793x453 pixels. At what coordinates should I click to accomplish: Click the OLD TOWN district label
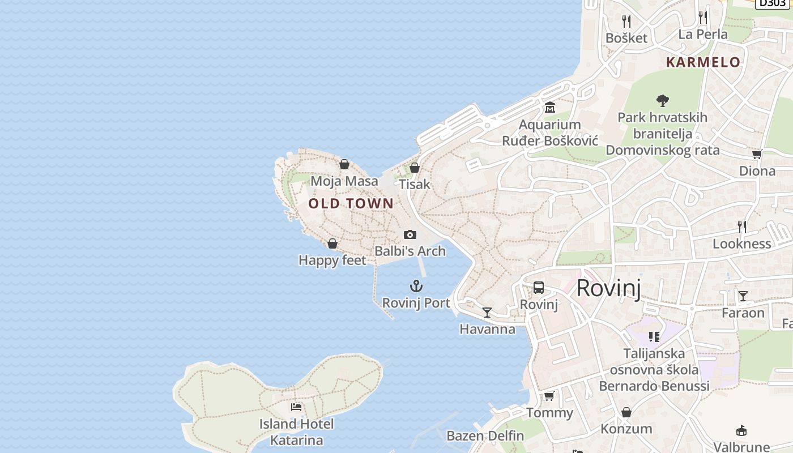pos(351,203)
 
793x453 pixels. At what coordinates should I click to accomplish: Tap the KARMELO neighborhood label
pos(703,62)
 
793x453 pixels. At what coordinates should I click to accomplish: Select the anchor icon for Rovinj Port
pos(416,286)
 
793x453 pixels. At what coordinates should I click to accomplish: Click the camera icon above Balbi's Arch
pos(410,234)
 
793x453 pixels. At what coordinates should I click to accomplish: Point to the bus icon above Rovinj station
pos(539,288)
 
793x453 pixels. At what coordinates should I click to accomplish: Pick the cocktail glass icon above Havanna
pos(487,313)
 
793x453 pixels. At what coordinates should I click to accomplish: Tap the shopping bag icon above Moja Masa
pos(344,165)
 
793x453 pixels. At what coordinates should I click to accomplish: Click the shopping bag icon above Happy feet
pos(332,243)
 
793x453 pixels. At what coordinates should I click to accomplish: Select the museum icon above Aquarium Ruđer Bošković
pos(550,108)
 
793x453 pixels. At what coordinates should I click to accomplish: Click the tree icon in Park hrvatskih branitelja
pos(662,101)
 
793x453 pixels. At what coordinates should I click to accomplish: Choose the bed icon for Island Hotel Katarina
pos(296,407)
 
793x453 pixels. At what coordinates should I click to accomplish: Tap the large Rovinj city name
pos(609,288)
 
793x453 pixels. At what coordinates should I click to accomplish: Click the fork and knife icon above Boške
pos(626,22)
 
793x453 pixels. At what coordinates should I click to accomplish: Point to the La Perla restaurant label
pos(703,34)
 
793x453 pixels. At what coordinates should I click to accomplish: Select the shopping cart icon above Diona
pos(757,154)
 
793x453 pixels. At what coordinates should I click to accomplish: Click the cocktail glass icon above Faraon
pos(743,296)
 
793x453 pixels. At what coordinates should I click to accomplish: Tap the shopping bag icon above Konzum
pos(626,412)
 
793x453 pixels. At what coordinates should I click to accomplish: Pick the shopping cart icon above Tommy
pos(549,396)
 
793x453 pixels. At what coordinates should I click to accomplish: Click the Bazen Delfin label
pos(485,435)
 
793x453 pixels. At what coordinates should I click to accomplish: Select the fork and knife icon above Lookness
pos(742,227)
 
